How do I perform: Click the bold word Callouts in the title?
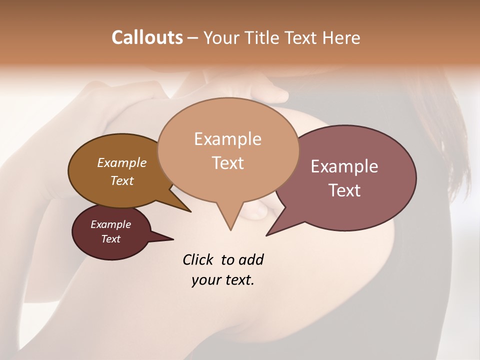[147, 37]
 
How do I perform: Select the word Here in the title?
[340, 37]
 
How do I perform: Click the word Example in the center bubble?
[227, 139]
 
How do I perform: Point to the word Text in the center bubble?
[227, 163]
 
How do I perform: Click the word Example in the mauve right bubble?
[344, 166]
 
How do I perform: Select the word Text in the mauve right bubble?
[344, 190]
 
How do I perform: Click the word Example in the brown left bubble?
[121, 163]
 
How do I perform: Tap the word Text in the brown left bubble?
[121, 181]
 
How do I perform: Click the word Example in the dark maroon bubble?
[110, 224]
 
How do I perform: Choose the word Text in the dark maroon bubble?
[110, 239]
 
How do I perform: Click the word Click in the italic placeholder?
[199, 259]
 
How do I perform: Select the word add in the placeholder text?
[250, 259]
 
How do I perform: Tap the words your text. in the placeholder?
[222, 280]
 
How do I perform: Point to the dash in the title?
[193, 38]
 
